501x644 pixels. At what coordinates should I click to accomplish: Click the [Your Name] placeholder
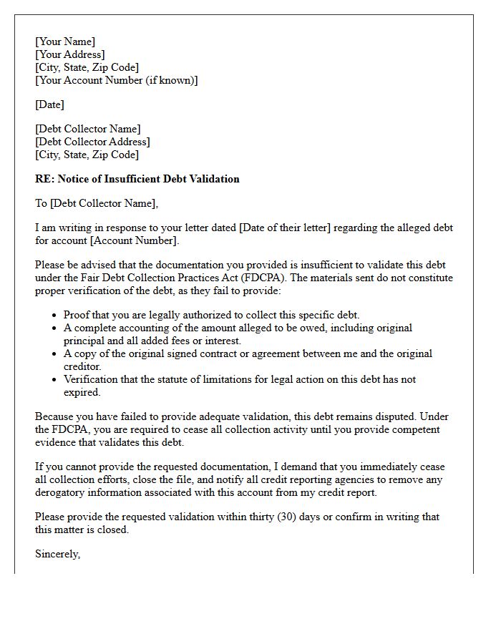[65, 42]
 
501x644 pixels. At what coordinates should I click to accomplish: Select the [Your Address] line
[70, 55]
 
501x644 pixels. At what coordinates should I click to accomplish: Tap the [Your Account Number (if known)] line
[117, 81]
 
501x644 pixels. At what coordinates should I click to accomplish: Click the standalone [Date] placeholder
[49, 105]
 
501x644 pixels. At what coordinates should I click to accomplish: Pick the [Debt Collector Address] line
[92, 142]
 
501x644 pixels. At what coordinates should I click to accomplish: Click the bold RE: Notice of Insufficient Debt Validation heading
[137, 179]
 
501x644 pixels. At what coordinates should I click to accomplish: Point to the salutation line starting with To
[97, 204]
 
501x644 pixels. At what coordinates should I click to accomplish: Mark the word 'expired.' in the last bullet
[82, 392]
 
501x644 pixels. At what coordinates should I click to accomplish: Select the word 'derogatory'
[61, 492]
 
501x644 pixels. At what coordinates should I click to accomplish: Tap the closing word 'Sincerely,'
[58, 554]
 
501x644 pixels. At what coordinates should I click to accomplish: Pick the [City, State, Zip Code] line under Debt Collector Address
[87, 155]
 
